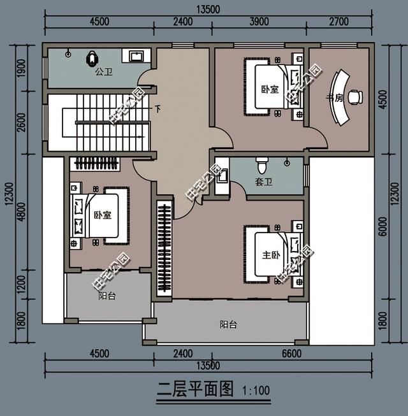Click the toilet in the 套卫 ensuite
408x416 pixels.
[x=261, y=164]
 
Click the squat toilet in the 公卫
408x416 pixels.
[x=91, y=59]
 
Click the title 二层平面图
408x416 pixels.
[x=196, y=389]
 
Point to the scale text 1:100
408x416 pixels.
[x=256, y=391]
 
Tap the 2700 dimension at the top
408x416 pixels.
[x=339, y=21]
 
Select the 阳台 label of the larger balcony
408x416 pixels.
[x=228, y=324]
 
